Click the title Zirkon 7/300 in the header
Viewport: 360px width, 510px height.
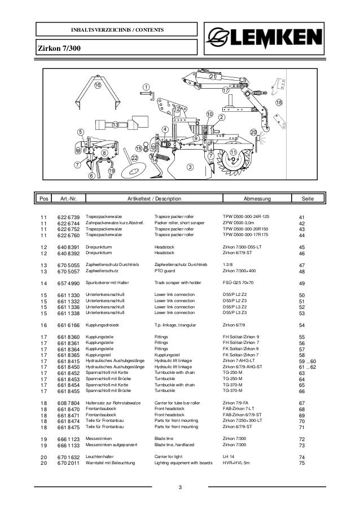coord(60,50)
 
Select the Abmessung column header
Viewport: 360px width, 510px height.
coord(257,199)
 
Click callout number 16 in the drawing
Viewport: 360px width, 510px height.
coord(97,85)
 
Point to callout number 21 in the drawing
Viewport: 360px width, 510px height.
coord(213,76)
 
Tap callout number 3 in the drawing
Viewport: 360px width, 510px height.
coord(190,167)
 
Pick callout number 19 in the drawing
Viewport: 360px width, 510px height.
coord(111,171)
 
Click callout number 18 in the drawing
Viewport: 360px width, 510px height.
coord(279,103)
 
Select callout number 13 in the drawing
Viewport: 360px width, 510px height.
coord(115,124)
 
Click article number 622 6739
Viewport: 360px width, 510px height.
coord(68,216)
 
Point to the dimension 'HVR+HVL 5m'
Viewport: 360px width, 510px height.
coord(239,464)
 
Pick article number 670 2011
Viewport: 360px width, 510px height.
coord(68,464)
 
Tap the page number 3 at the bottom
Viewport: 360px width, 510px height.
coord(179,487)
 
